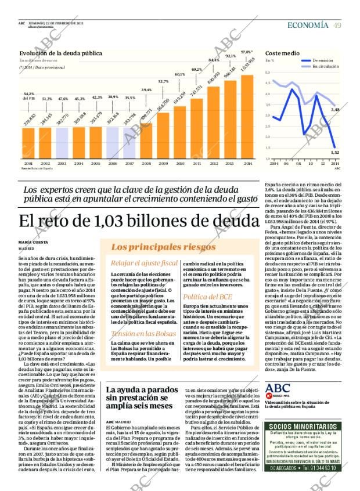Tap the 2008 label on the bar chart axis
click(x=146, y=164)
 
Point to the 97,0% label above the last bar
click(x=247, y=52)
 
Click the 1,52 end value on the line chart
click(x=334, y=152)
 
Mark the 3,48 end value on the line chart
click(x=334, y=109)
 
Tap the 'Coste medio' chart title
click(x=282, y=53)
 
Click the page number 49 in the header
click(x=337, y=25)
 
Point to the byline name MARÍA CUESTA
click(x=33, y=242)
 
